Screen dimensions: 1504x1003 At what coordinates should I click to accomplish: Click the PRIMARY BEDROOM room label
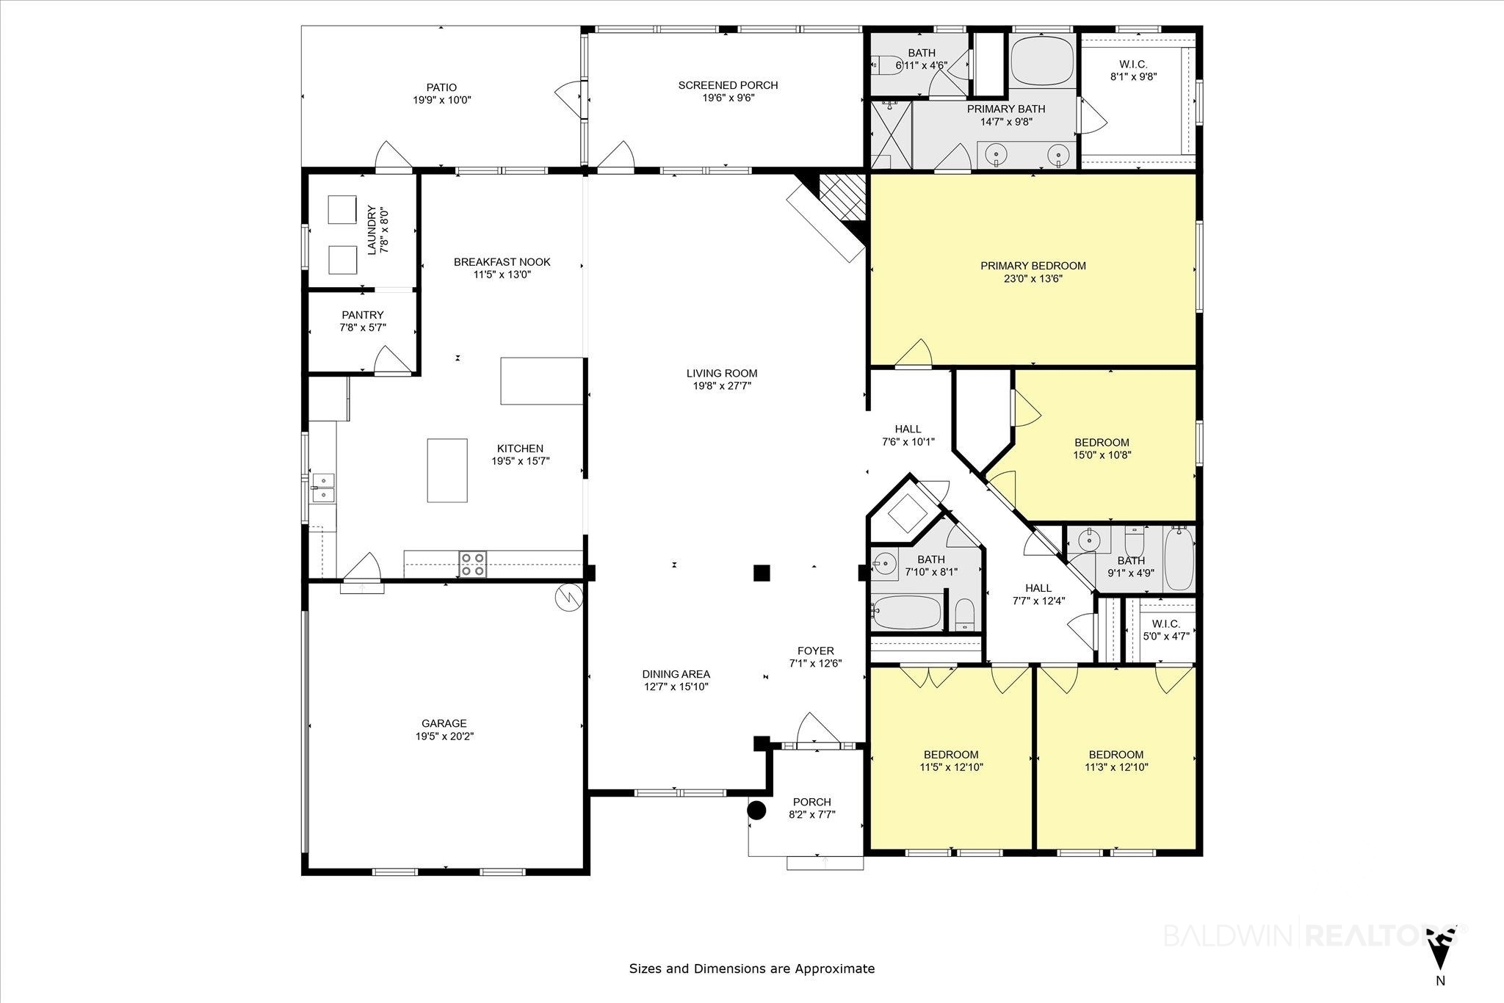coord(1033,266)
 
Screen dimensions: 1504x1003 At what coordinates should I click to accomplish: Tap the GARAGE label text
coord(444,723)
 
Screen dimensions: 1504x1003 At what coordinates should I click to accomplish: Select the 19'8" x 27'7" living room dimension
coord(722,385)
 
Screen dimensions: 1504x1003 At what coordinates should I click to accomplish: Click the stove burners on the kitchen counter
coord(472,563)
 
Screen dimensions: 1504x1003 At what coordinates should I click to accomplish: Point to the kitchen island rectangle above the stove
coord(447,471)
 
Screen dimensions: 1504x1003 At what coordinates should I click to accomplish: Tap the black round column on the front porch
coord(756,811)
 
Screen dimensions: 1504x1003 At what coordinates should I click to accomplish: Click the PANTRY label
coord(363,315)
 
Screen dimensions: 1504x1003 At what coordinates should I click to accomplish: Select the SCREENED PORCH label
coord(728,85)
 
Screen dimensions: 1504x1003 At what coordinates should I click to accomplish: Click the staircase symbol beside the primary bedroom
coord(843,196)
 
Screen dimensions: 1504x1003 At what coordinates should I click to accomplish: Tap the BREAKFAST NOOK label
coord(502,262)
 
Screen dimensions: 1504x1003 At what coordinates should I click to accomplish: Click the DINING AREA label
coord(676,674)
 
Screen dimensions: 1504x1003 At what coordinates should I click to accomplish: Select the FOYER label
coord(816,651)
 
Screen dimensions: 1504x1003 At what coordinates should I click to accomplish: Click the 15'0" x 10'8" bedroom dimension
coord(1102,455)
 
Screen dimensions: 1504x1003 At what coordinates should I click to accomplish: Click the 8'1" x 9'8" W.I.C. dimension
coord(1134,76)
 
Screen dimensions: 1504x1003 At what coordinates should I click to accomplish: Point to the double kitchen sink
coord(323,488)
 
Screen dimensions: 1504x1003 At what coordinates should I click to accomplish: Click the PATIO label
coord(441,87)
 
